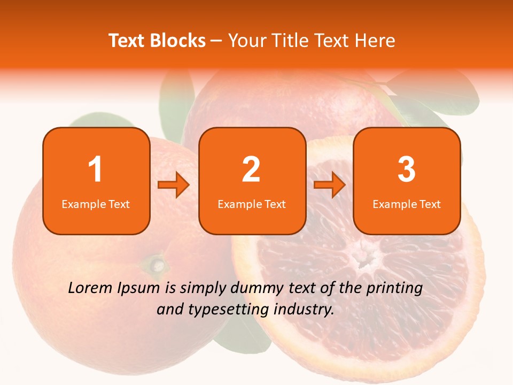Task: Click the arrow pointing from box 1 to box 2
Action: pyautogui.click(x=174, y=185)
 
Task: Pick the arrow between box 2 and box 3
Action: pyautogui.click(x=330, y=185)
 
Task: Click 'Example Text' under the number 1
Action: pyautogui.click(x=96, y=204)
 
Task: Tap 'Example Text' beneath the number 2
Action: pyautogui.click(x=252, y=204)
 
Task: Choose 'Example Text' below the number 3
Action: pyautogui.click(x=407, y=204)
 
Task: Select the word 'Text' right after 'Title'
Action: pyautogui.click(x=329, y=41)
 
